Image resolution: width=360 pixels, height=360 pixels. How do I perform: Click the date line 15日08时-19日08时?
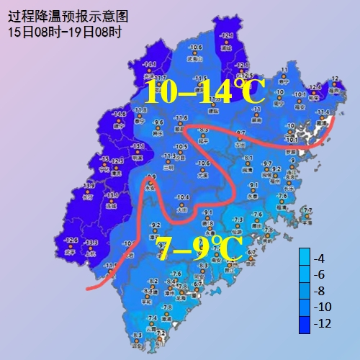[65, 32]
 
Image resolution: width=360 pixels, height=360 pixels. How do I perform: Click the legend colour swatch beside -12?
[305, 323]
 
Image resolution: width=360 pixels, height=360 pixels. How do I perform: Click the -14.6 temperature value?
[120, 114]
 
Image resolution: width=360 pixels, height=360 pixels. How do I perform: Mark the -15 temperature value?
[104, 159]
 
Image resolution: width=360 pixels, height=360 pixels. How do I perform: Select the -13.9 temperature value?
[90, 185]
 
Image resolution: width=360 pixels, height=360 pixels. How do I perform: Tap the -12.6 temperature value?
[71, 240]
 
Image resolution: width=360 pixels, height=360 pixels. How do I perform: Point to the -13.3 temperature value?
[91, 243]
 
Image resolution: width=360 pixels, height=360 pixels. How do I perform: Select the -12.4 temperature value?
[314, 87]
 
